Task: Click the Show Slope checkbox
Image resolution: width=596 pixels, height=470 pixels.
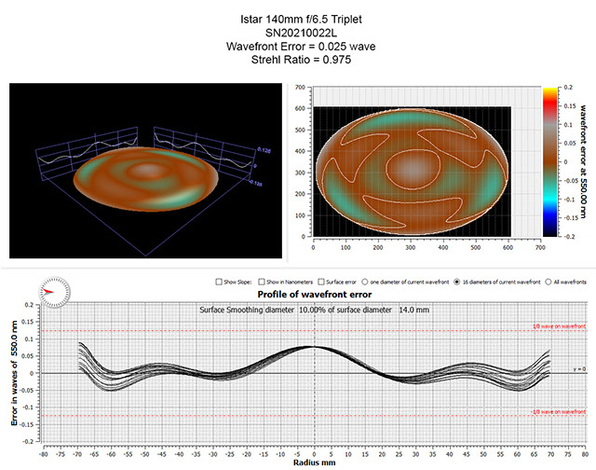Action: (216, 281)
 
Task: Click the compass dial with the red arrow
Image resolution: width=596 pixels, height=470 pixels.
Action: (55, 291)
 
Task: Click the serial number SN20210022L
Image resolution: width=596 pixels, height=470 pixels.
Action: (298, 32)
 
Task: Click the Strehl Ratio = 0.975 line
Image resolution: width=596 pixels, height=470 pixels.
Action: (298, 61)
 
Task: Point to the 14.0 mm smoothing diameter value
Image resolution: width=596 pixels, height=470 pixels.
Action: (412, 309)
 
